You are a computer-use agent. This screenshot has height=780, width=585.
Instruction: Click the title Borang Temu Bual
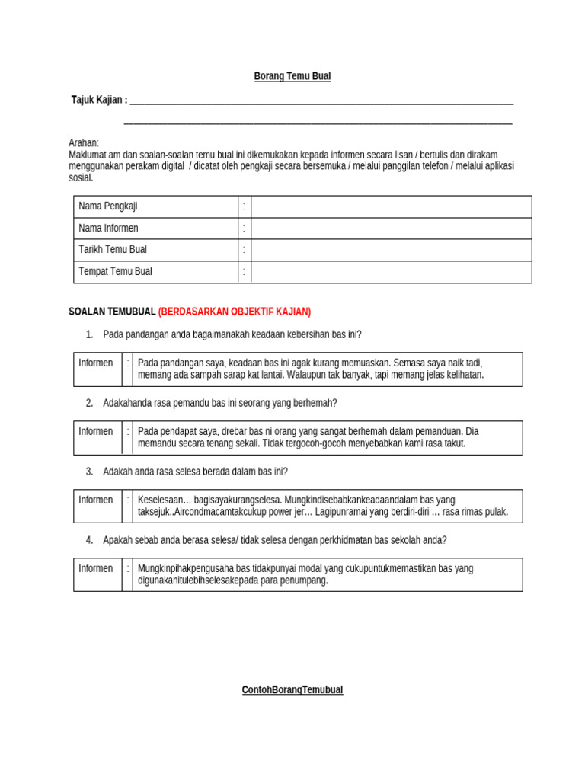click(x=292, y=76)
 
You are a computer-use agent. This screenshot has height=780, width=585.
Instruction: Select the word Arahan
click(x=84, y=143)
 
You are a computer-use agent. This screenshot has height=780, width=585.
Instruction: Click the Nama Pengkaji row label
click(x=108, y=206)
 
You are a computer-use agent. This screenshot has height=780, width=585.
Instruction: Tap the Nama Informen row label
click(x=108, y=228)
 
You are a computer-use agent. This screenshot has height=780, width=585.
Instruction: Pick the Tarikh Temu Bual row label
click(x=113, y=249)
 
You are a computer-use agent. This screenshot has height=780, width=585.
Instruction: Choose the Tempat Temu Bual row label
click(x=115, y=271)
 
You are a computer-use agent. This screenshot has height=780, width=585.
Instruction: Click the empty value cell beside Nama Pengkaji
click(x=391, y=206)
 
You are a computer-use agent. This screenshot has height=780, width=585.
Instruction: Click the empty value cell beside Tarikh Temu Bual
click(x=391, y=249)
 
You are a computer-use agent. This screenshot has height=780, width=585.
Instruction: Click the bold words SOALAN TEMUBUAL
click(x=112, y=312)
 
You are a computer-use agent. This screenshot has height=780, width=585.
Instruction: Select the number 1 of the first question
click(x=89, y=334)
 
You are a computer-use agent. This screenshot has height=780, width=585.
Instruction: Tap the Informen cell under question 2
click(x=96, y=431)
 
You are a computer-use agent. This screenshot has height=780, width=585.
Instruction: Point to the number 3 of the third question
click(x=89, y=472)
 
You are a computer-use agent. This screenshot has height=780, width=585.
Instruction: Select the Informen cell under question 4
click(x=96, y=568)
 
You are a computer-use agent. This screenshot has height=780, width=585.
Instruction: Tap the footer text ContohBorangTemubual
click(x=292, y=690)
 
